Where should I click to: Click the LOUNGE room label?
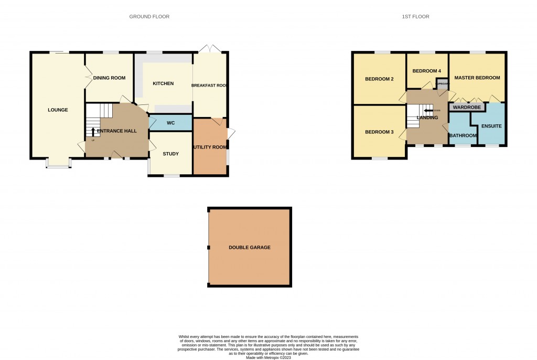pos(58,110)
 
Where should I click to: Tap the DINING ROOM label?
pos(110,78)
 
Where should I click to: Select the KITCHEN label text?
pos(163,83)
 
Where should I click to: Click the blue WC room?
pos(170,123)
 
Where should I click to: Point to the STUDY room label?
pos(170,154)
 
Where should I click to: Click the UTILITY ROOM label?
pos(210,147)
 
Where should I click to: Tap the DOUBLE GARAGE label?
pos(250,247)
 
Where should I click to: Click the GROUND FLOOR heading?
pos(149,17)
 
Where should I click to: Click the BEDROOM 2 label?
pos(379,79)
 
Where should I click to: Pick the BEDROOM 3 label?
pos(379,132)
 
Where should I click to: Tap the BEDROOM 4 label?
pos(427,71)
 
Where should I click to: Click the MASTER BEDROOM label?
pos(477,78)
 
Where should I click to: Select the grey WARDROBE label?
pos(467,107)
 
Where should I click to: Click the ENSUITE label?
pos(492,126)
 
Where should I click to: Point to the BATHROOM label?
pos(463,136)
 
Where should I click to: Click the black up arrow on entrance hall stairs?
pos(93,131)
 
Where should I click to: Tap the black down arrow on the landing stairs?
pos(428,111)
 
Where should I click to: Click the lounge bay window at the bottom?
pos(58,166)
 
